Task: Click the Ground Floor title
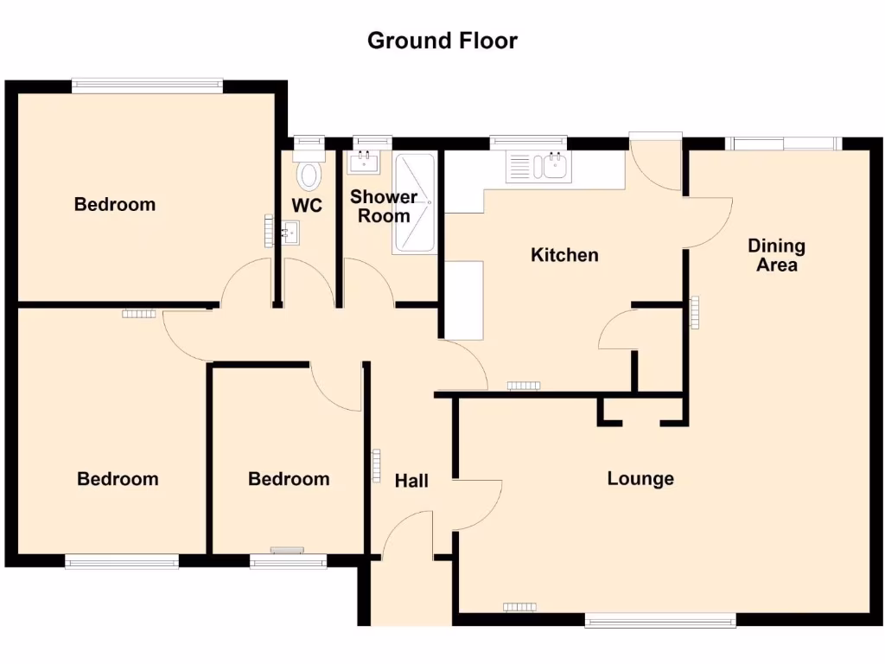(x=442, y=41)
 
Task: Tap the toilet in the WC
(x=308, y=174)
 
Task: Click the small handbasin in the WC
(x=290, y=231)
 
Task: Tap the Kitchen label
(x=564, y=255)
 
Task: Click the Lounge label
(x=640, y=479)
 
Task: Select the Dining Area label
(x=776, y=256)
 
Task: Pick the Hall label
(x=411, y=481)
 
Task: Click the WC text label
(x=307, y=206)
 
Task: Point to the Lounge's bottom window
(x=660, y=619)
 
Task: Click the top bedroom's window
(x=148, y=85)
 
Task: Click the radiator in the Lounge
(x=519, y=607)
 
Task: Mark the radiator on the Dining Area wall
(x=694, y=312)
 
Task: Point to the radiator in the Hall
(x=377, y=465)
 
